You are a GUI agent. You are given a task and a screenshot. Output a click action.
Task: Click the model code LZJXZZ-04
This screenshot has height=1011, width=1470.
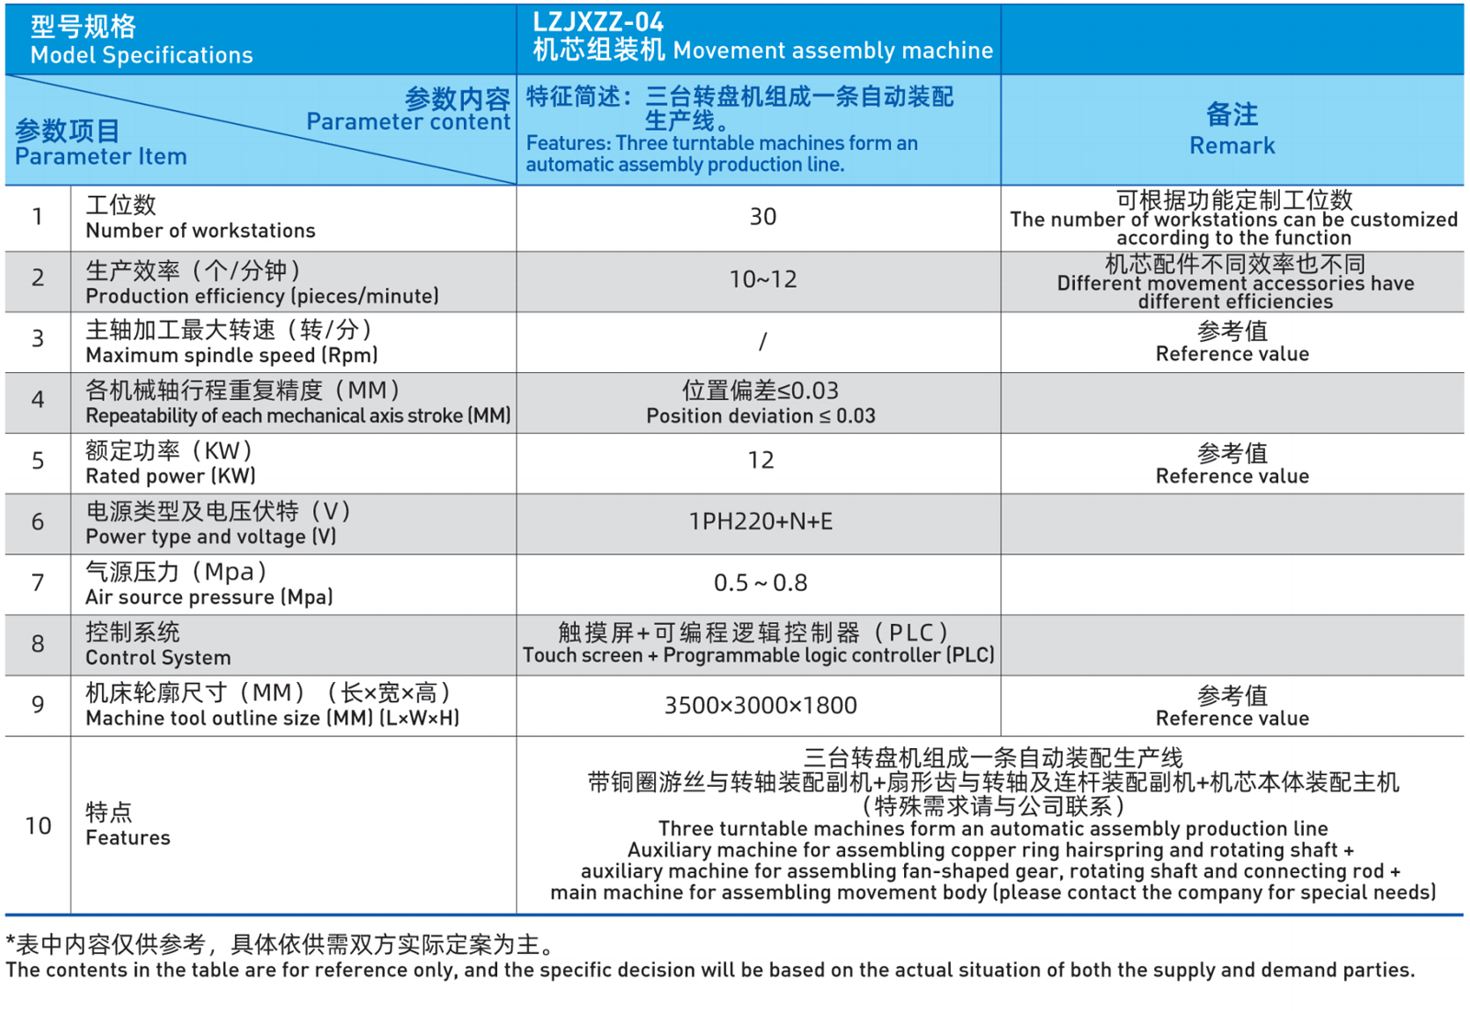598,21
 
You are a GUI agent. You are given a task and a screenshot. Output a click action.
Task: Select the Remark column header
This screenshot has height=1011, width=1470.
1231,130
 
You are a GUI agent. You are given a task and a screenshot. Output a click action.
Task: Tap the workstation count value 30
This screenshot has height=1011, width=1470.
763,217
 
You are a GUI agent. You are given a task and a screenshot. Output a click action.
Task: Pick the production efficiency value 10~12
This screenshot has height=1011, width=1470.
763,279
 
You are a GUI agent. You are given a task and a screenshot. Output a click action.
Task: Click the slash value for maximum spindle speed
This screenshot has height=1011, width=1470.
763,342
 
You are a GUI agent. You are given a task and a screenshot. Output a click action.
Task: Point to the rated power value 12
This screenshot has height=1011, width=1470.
761,460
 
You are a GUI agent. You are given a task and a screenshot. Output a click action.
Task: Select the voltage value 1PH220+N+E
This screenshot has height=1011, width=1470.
761,522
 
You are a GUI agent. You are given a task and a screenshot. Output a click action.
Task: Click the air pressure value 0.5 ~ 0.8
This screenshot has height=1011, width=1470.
761,584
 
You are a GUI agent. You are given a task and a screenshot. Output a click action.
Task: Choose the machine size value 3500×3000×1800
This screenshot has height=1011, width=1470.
761,706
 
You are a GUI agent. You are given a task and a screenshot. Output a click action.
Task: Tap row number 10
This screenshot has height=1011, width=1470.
38,826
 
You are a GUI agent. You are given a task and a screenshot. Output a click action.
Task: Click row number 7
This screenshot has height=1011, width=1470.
38,584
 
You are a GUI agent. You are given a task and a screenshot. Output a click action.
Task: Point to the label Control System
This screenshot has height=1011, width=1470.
158,658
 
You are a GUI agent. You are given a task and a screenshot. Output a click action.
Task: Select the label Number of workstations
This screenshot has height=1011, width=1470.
200,231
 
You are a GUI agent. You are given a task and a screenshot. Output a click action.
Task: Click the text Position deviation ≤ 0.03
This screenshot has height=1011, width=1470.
761,416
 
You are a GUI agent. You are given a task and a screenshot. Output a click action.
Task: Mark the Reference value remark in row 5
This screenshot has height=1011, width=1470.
1232,476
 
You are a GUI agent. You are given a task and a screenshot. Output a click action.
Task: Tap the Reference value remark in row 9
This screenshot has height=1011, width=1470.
1232,719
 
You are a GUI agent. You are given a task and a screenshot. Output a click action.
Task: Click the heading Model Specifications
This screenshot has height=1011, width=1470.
141,55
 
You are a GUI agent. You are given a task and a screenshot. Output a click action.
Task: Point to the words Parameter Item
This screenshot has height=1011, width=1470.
101,157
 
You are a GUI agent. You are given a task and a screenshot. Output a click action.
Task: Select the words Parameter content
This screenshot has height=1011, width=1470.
408,122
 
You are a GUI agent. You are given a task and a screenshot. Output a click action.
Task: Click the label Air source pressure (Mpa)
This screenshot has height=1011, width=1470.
209,597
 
